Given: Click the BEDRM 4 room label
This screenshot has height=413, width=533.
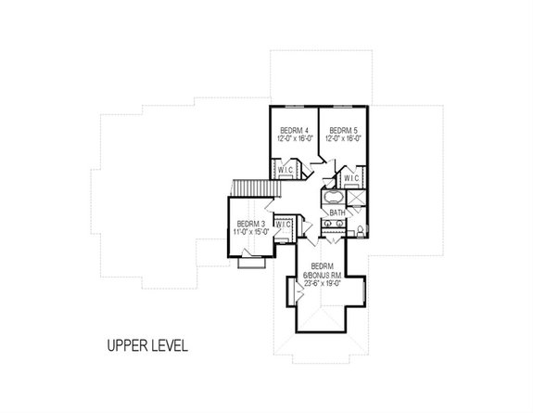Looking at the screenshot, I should [x=294, y=131].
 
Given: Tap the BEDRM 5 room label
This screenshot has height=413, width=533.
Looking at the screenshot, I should [x=343, y=131].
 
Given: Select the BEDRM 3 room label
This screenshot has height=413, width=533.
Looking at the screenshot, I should [x=251, y=224].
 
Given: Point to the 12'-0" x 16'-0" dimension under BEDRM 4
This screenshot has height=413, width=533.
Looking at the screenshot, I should [x=294, y=139].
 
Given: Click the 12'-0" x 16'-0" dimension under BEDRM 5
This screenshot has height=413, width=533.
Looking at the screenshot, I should [x=343, y=139].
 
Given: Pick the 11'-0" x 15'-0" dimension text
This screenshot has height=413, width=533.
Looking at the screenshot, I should [x=251, y=232].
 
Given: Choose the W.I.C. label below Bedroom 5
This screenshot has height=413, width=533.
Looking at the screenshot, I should [x=352, y=177].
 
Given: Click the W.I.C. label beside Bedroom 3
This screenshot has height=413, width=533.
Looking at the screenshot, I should [x=285, y=225].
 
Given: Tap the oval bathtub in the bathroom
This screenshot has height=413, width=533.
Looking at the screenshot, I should [x=332, y=198].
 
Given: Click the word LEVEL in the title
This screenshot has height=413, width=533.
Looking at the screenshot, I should [x=169, y=346].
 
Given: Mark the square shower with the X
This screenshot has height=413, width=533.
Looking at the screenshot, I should [x=357, y=197].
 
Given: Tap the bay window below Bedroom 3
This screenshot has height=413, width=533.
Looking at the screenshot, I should [x=249, y=265].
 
